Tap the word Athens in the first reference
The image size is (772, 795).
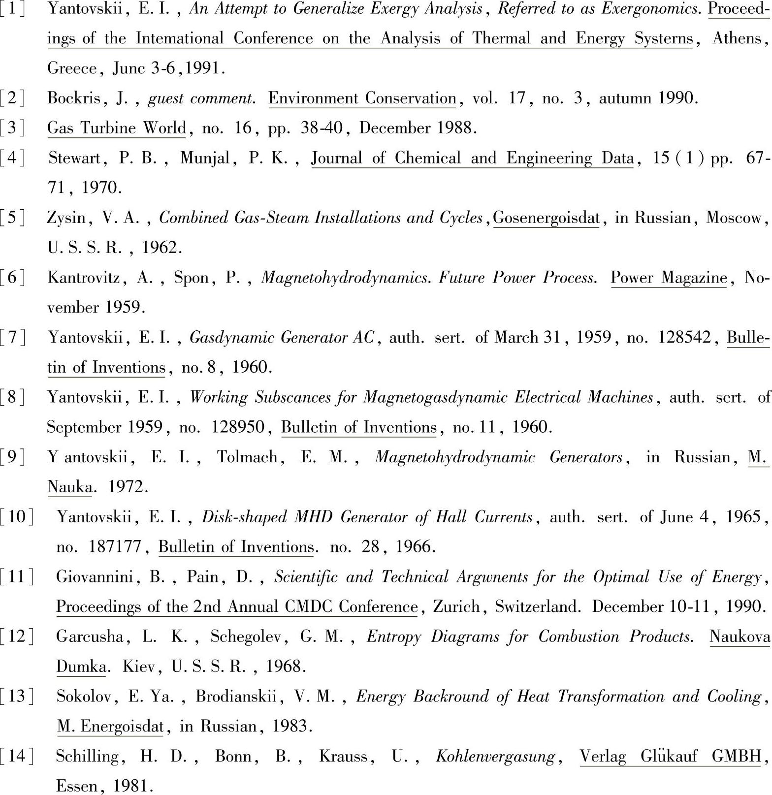click(736, 38)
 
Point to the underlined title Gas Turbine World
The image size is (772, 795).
click(117, 128)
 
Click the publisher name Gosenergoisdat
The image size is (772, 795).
click(547, 218)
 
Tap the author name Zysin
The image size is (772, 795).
click(66, 218)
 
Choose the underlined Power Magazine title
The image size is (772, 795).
click(669, 278)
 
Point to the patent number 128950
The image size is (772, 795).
click(238, 427)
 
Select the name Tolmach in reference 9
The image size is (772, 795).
click(247, 457)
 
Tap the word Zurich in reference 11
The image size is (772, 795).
click(456, 606)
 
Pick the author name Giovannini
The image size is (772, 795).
click(95, 576)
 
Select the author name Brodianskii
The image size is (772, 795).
click(236, 697)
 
